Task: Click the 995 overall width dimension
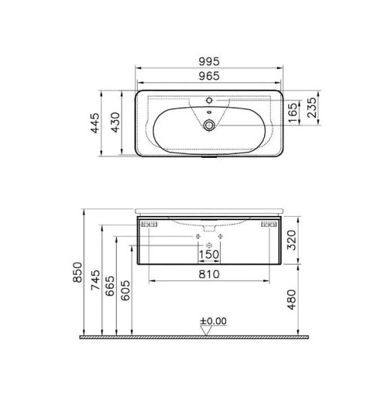coord(209,60)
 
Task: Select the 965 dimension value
coord(209,76)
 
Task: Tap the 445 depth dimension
coord(97,123)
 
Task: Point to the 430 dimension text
coord(115,123)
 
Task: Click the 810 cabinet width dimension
coord(209,274)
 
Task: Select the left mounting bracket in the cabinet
coord(149,223)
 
